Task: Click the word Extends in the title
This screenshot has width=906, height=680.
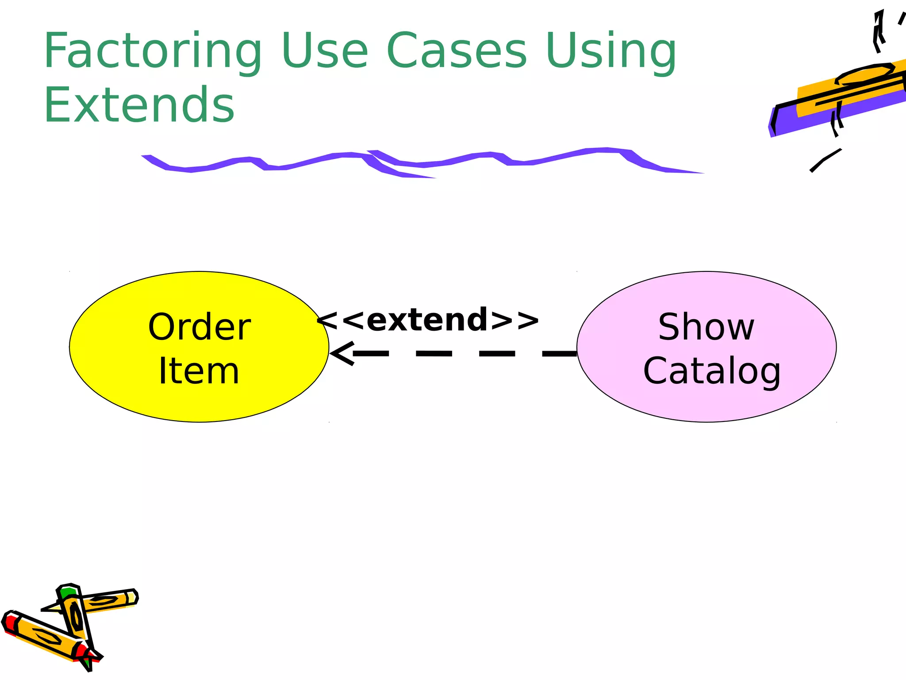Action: (x=139, y=105)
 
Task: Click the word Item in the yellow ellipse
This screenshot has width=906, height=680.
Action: (x=199, y=371)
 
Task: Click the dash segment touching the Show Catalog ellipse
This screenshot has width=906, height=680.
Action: (x=560, y=353)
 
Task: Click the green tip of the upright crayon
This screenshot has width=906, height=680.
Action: (x=69, y=592)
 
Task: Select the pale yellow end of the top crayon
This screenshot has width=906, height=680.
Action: (x=131, y=598)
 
